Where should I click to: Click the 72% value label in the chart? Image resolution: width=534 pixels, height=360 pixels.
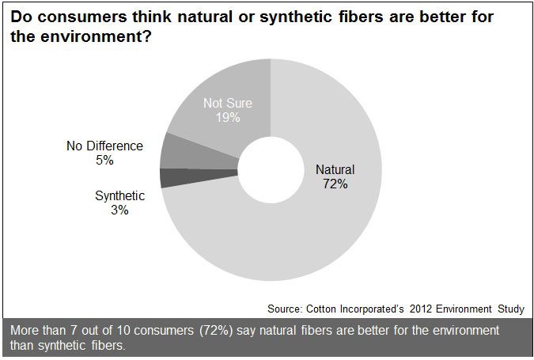click(335, 184)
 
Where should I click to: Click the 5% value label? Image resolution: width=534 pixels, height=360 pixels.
click(105, 160)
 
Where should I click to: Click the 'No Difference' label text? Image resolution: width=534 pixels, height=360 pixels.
click(105, 146)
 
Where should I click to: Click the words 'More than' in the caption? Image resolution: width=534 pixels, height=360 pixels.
click(34, 330)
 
